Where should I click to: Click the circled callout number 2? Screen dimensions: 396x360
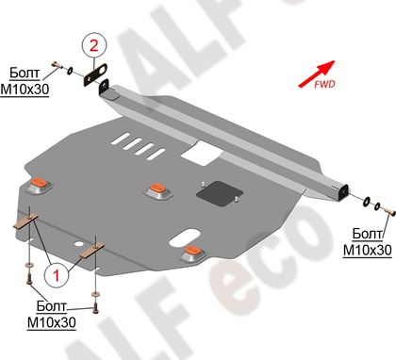click(94, 46)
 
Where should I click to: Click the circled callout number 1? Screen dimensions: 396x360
click(56, 275)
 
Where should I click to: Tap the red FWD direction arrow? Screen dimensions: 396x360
click(317, 74)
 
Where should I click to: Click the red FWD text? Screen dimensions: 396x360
click(325, 84)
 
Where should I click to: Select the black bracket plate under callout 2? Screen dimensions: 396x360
click(95, 74)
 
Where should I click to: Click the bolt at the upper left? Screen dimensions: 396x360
click(56, 66)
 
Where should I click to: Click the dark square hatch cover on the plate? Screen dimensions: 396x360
click(221, 194)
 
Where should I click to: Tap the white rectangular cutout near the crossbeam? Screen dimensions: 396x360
click(202, 153)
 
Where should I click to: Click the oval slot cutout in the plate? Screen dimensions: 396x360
click(185, 237)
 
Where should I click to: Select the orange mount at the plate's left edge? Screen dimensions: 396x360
click(40, 184)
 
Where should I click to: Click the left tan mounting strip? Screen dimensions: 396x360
click(25, 221)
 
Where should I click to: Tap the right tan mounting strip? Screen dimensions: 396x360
click(91, 252)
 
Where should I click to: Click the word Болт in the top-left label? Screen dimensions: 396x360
click(25, 74)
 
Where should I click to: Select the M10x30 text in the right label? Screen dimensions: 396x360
click(367, 250)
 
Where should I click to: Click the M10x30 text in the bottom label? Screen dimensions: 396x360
click(52, 322)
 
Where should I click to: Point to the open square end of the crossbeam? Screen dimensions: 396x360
click(343, 191)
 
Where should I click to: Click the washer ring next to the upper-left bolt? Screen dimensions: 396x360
click(70, 71)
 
